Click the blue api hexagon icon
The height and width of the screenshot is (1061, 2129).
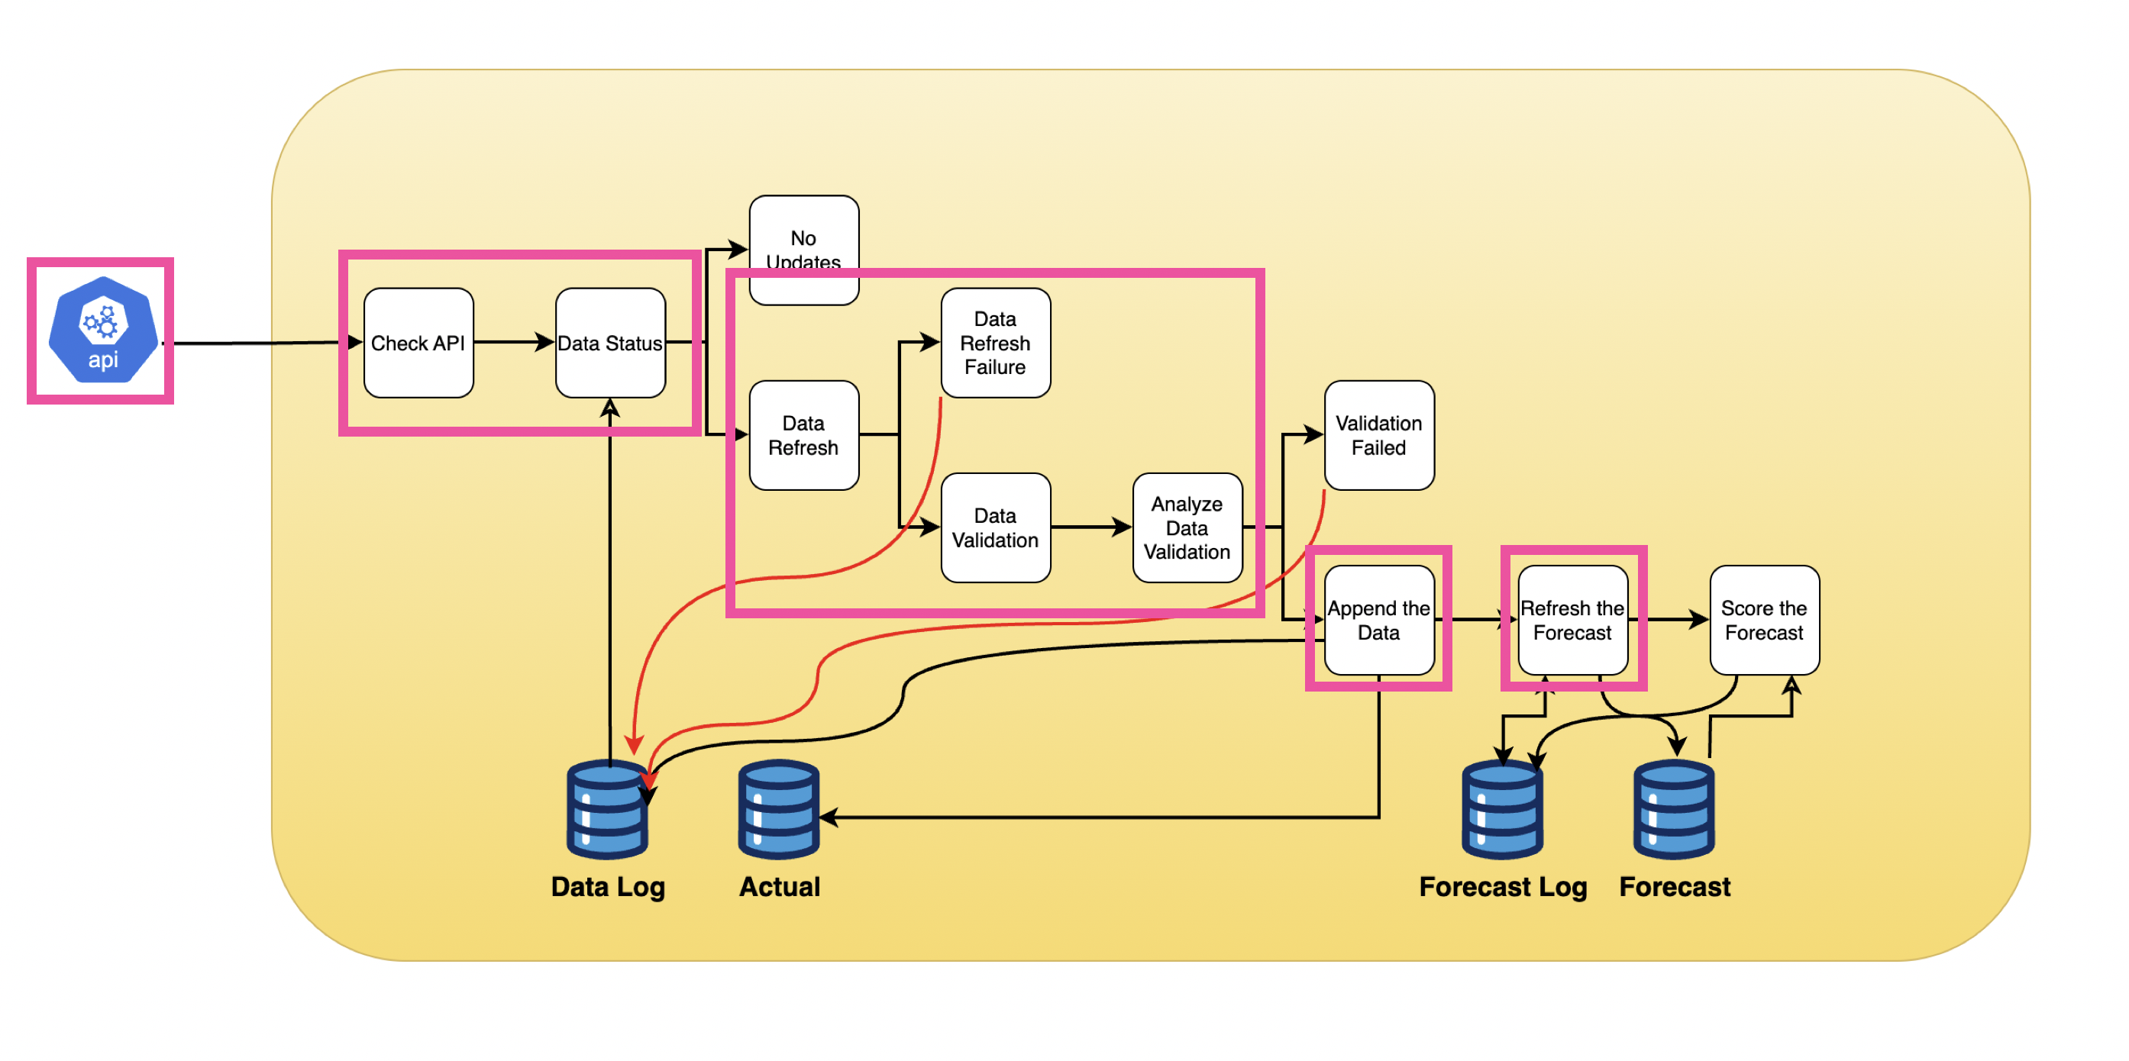point(102,331)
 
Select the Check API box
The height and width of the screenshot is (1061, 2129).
point(418,343)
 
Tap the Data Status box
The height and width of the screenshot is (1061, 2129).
point(610,343)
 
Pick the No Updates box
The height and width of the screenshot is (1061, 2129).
point(803,240)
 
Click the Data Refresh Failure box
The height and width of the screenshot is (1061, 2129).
point(995,343)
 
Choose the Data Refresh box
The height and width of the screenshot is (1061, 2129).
point(803,436)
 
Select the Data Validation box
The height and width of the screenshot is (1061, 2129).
point(995,528)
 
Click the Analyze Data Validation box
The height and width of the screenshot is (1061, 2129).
point(1187,528)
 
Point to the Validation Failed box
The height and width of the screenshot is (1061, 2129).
point(1378,436)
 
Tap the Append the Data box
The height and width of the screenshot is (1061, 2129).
point(1378,621)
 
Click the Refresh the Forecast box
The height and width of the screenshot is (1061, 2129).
point(1572,621)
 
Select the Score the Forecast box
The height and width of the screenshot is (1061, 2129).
point(1764,621)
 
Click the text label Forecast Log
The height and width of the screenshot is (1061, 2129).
point(1503,888)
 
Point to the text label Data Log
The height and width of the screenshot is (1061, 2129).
point(607,888)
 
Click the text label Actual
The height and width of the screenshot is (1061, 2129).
point(780,888)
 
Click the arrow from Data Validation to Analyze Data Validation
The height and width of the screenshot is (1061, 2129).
point(1091,527)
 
